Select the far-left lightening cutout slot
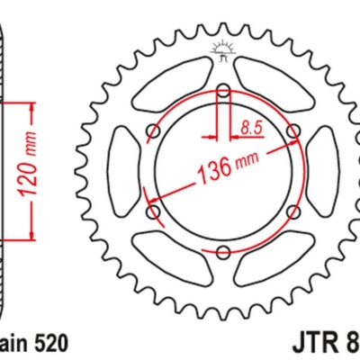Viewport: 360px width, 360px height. point(122,172)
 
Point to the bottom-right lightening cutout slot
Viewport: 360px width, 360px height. point(275,261)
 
